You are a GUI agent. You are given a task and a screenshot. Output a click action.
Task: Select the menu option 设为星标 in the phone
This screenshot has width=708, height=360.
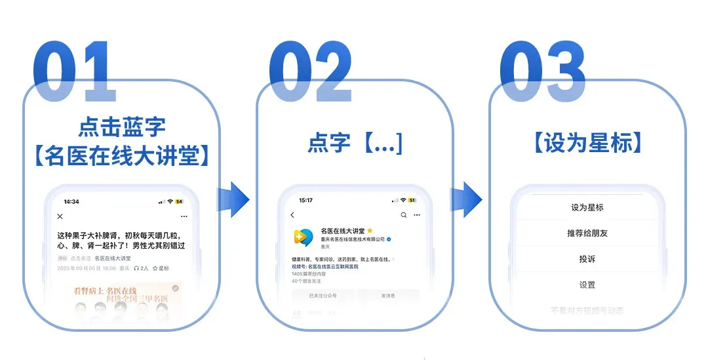(x=587, y=207)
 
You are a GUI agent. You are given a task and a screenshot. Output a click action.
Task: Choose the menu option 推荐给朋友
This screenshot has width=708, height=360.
(x=587, y=233)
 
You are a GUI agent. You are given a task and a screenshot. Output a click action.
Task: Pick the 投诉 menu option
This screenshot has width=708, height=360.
(x=587, y=259)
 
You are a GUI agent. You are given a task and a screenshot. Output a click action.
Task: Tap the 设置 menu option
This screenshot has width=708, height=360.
(x=587, y=285)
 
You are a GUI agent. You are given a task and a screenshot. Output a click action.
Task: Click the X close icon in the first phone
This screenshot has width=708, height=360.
(x=60, y=216)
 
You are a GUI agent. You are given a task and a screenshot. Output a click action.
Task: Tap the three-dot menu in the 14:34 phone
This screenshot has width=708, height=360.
(x=184, y=216)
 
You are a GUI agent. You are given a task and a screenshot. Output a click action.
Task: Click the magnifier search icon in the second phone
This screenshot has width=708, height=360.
(x=404, y=214)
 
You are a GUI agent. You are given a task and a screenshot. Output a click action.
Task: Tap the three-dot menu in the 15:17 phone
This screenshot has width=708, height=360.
(x=417, y=214)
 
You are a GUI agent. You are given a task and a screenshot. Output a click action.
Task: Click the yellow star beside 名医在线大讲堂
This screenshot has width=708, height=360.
(x=370, y=231)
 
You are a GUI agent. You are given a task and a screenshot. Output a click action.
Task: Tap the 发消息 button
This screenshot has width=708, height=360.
(x=388, y=296)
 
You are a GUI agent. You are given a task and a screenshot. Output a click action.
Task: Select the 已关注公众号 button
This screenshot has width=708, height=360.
(x=323, y=296)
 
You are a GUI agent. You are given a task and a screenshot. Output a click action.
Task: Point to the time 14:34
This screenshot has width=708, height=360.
(x=71, y=201)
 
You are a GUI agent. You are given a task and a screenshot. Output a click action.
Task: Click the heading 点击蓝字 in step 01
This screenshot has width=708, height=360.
(x=122, y=126)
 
